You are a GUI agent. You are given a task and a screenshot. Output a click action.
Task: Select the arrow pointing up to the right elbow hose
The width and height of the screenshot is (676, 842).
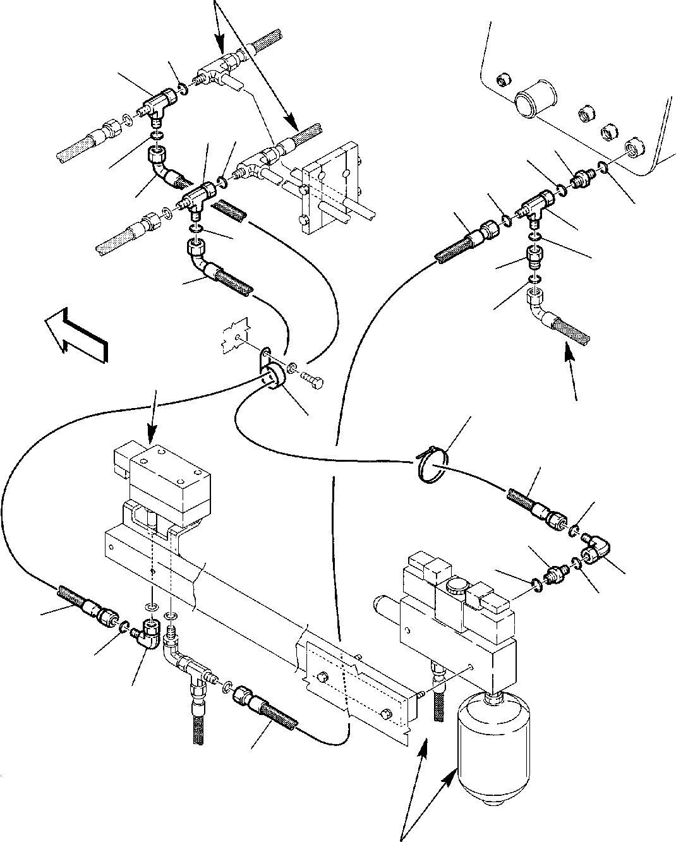[572, 373]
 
